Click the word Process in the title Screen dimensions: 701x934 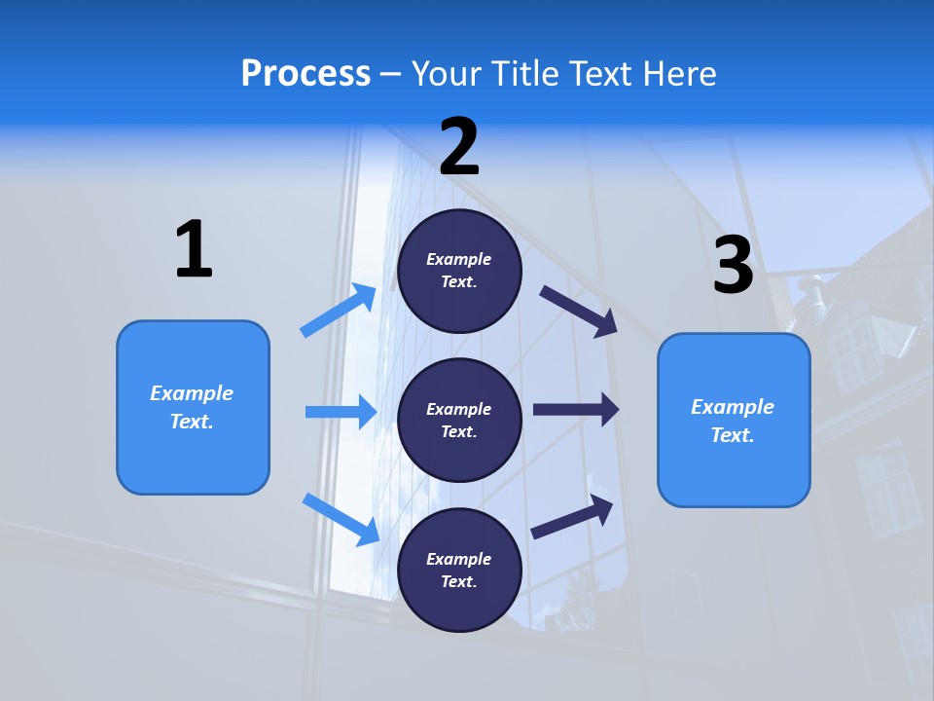[x=305, y=74]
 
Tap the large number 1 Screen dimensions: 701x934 [x=194, y=250]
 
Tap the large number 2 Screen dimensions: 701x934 [x=459, y=147]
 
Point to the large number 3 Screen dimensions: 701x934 [x=734, y=265]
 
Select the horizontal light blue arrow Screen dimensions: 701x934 [x=341, y=412]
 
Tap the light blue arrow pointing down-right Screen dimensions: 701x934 [x=341, y=518]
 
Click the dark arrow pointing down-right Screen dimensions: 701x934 [x=580, y=311]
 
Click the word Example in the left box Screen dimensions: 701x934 [x=192, y=393]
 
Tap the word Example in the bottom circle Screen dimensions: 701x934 [x=459, y=559]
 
